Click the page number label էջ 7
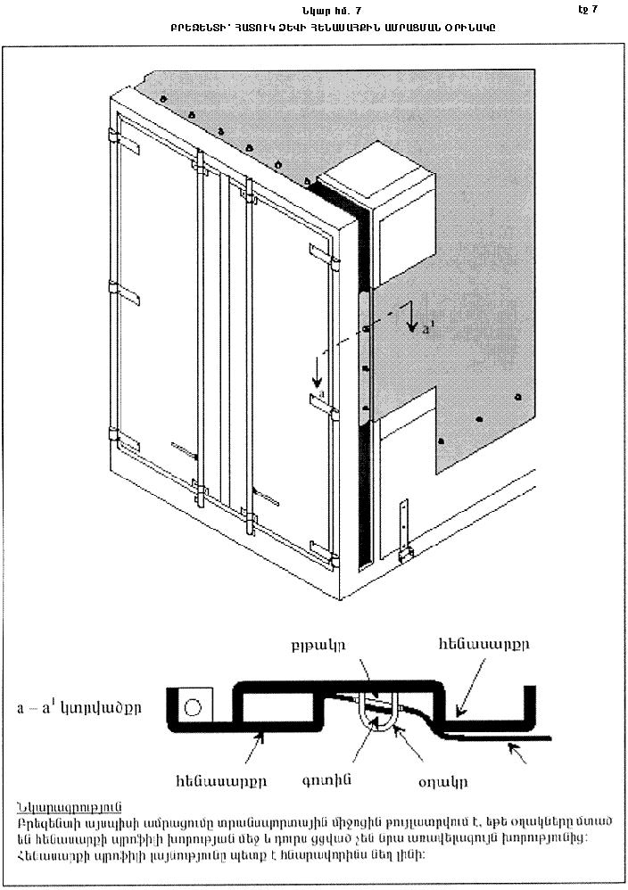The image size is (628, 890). (x=588, y=10)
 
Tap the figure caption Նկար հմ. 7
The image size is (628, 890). (x=333, y=11)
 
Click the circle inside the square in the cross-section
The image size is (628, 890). (x=193, y=709)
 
